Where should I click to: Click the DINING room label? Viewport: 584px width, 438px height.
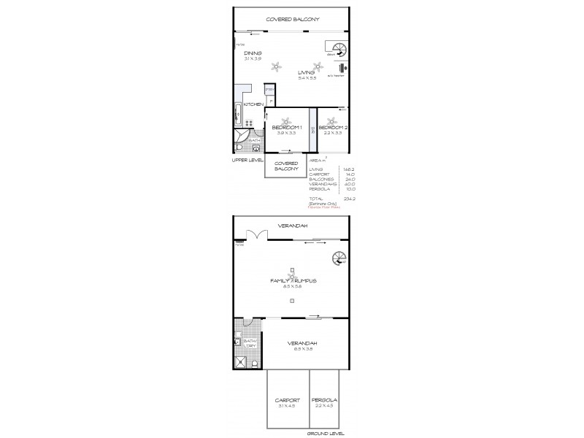click(253, 53)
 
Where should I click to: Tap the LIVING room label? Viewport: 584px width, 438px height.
click(307, 72)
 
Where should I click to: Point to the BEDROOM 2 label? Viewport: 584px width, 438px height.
click(333, 127)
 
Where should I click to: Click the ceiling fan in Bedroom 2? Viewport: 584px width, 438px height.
click(332, 120)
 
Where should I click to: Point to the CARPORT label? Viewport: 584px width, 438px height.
click(288, 400)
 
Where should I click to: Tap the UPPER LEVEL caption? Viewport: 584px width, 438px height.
click(246, 158)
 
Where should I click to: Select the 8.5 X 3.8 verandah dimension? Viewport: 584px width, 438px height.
click(301, 348)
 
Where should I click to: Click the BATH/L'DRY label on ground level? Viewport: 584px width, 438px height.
click(249, 342)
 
